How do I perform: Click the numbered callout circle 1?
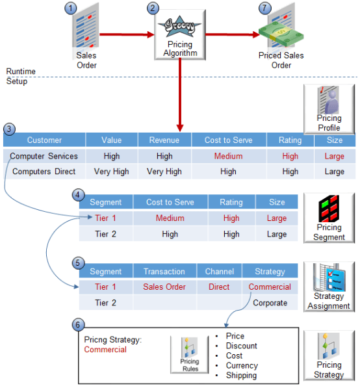[x=71, y=9]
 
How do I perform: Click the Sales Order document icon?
[x=86, y=31]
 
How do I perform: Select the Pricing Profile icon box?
[x=329, y=108]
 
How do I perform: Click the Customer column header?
[x=45, y=140]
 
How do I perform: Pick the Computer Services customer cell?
[x=44, y=156]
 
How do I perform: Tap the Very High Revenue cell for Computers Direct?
[x=164, y=172]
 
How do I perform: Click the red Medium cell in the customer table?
[x=229, y=156]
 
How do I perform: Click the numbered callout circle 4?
[x=78, y=194]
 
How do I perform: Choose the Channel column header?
[x=219, y=271]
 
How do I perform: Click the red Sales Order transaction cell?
[x=164, y=287]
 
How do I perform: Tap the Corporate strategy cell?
[x=269, y=303]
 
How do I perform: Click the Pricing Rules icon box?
[x=189, y=355]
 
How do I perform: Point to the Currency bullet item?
[x=242, y=365]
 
